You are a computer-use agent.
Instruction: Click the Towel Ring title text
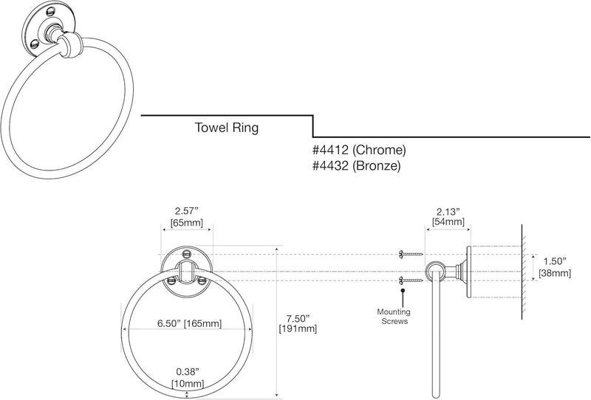(x=226, y=127)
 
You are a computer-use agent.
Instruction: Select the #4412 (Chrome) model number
(x=359, y=151)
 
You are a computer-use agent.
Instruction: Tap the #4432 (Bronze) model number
(x=356, y=166)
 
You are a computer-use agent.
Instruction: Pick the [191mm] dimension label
(x=298, y=329)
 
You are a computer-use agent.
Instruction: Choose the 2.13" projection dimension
(x=448, y=210)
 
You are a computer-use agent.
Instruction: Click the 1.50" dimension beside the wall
(x=554, y=261)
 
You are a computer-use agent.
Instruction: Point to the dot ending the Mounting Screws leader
(x=403, y=292)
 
